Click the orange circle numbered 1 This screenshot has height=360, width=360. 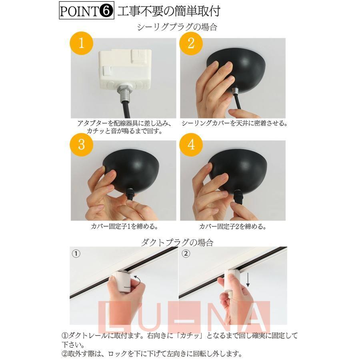tap(81, 43)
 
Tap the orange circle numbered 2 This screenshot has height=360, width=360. tap(191, 43)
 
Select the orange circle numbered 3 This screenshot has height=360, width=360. tap(81, 145)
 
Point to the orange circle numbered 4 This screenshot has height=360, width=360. tap(191, 145)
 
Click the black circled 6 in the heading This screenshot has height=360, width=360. tap(106, 11)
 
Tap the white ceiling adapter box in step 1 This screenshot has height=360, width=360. tap(125, 69)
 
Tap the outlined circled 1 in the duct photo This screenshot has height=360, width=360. tap(76, 254)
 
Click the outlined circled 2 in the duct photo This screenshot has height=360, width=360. tap(186, 254)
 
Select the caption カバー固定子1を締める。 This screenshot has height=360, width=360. tap(124, 227)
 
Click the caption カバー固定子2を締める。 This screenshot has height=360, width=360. tap(233, 227)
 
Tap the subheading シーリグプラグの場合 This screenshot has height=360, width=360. tap(177, 27)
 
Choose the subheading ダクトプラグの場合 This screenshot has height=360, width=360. tap(177, 242)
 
